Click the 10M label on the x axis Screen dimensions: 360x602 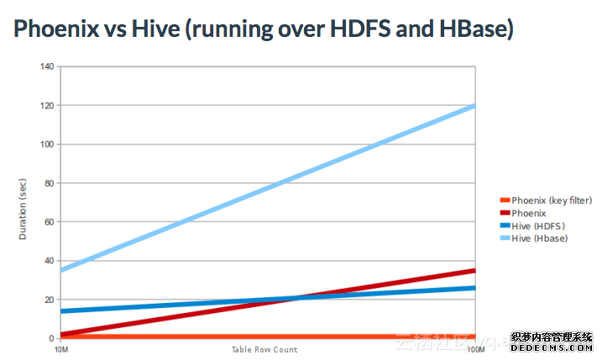61,349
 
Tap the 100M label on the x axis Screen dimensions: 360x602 475,349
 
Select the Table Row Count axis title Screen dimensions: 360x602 264,349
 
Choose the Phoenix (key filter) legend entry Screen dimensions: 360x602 552,200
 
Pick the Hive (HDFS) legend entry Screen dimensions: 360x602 537,227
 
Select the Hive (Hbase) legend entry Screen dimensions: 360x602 539,239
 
